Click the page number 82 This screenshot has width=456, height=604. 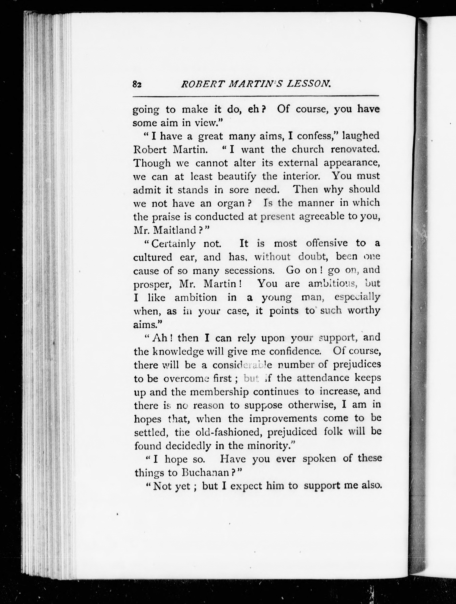(137, 84)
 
